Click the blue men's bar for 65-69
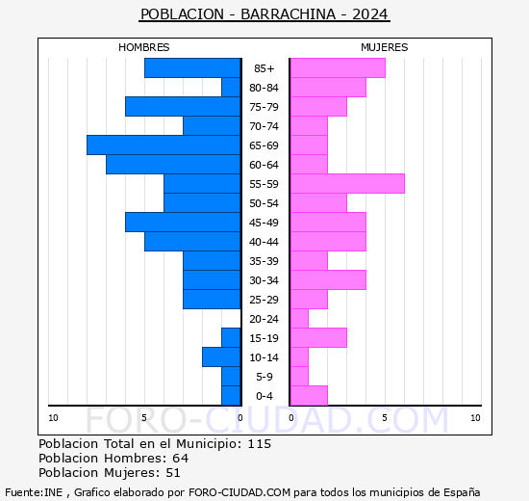point(164,145)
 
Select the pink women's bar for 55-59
point(347,184)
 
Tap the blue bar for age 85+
point(192,68)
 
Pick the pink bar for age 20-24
point(299,319)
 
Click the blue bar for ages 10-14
point(221,357)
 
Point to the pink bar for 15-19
point(318,338)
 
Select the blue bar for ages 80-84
point(231,88)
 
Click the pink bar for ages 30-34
point(328,280)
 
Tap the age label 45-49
point(264,223)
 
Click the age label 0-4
point(264,396)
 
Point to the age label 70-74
point(264,126)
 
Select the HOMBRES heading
point(143,47)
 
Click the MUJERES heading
point(385,47)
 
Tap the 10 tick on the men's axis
point(53,418)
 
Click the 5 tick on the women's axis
point(385,418)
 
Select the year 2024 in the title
point(370,14)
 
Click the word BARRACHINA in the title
point(289,14)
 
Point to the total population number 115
point(260,444)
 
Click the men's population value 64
point(181,459)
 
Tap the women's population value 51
point(173,473)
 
